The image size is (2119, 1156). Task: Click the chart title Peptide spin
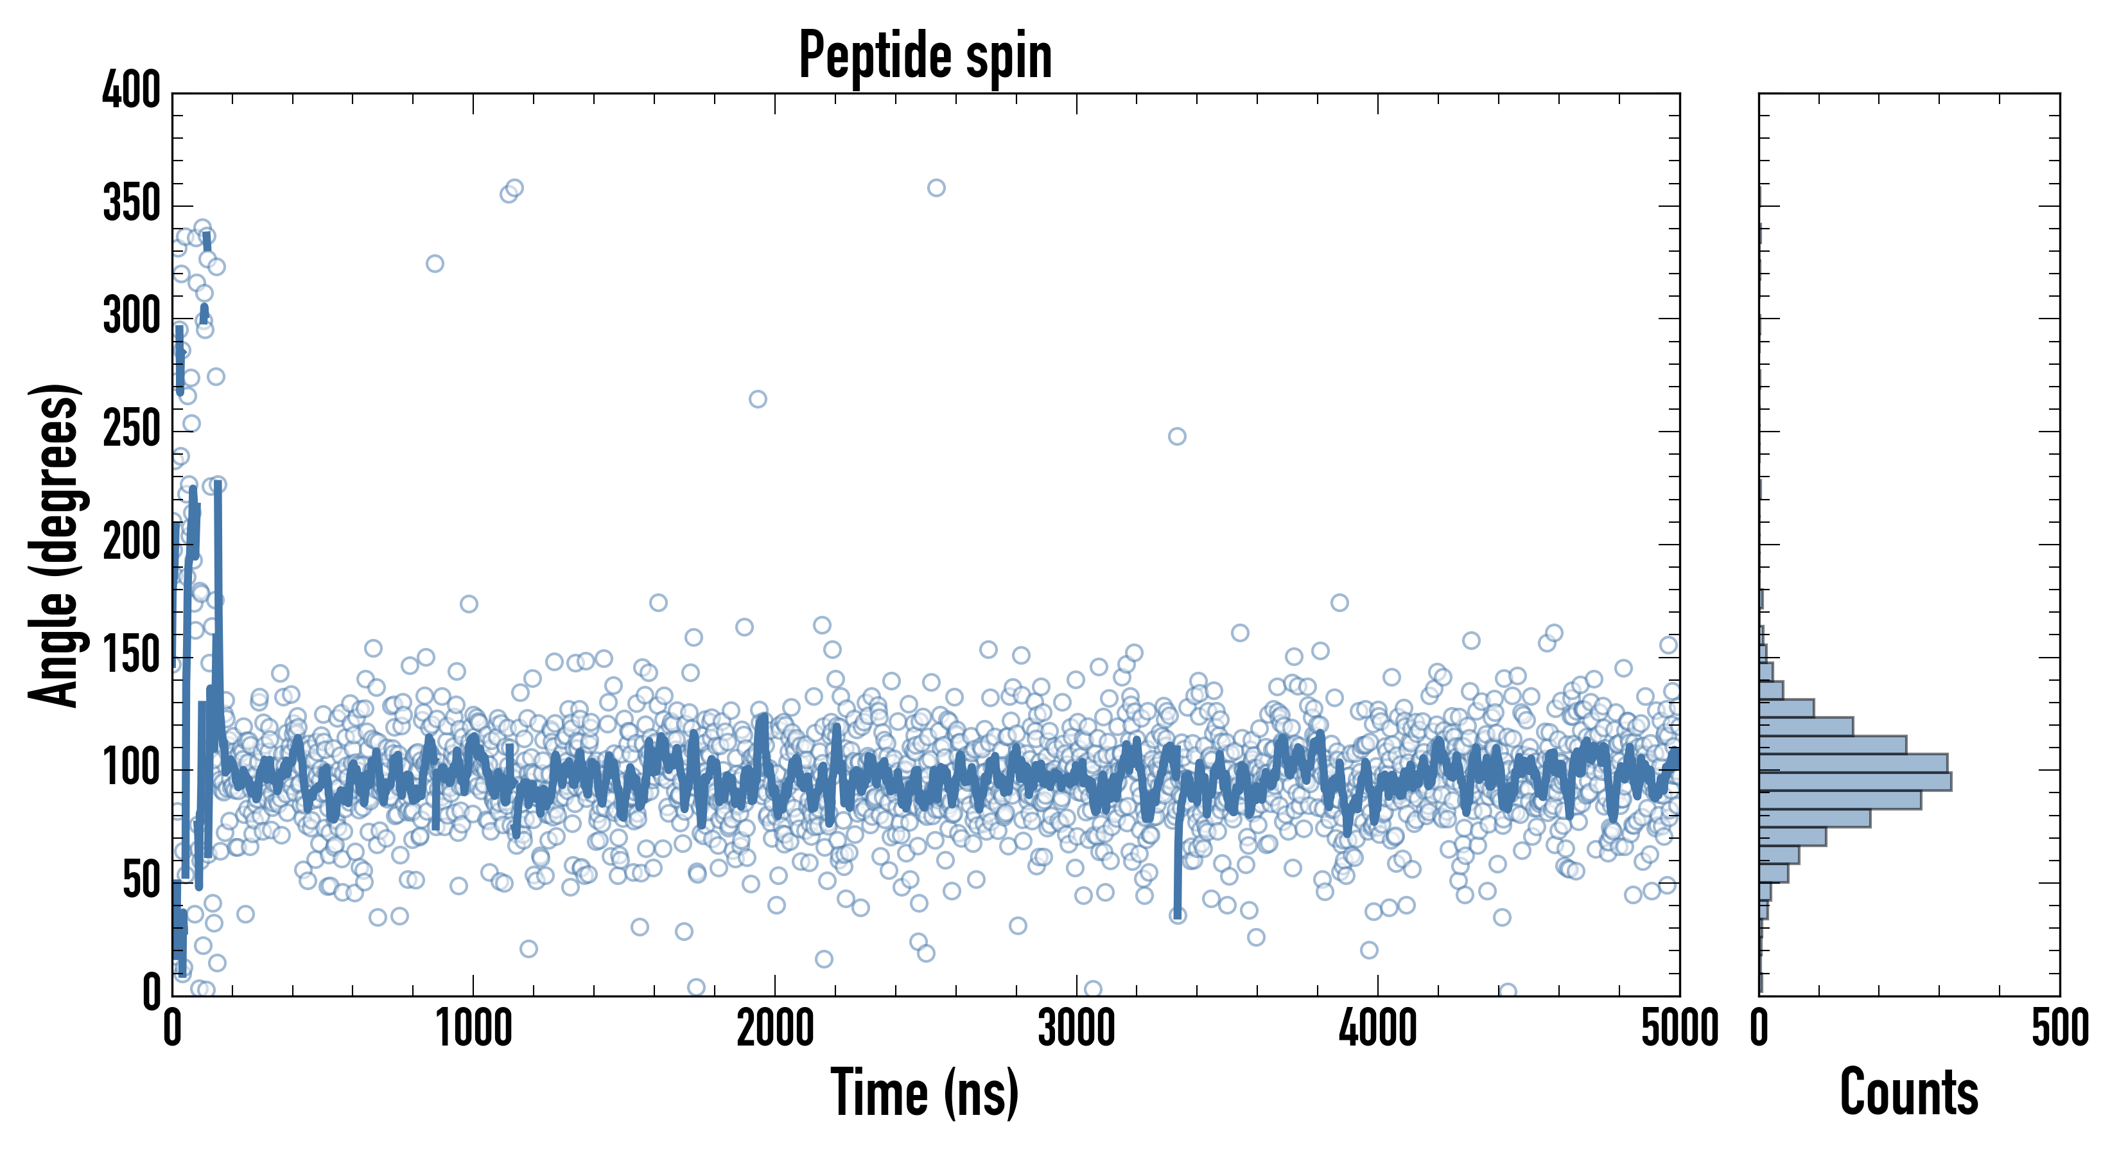[x=925, y=56]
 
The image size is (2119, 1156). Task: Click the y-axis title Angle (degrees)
[x=55, y=545]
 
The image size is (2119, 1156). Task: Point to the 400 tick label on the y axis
[x=132, y=91]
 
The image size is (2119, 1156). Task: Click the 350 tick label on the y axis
[x=132, y=203]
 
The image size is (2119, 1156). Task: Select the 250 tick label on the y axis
[x=132, y=430]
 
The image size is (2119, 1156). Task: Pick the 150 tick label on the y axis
[x=132, y=656]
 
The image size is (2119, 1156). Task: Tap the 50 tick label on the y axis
[x=141, y=881]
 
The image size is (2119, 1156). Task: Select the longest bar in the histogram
[x=1856, y=781]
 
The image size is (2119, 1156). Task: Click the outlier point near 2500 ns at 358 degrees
[x=936, y=188]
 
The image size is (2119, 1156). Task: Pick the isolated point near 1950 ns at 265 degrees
[x=758, y=399]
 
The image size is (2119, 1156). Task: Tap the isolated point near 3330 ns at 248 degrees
[x=1177, y=436]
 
